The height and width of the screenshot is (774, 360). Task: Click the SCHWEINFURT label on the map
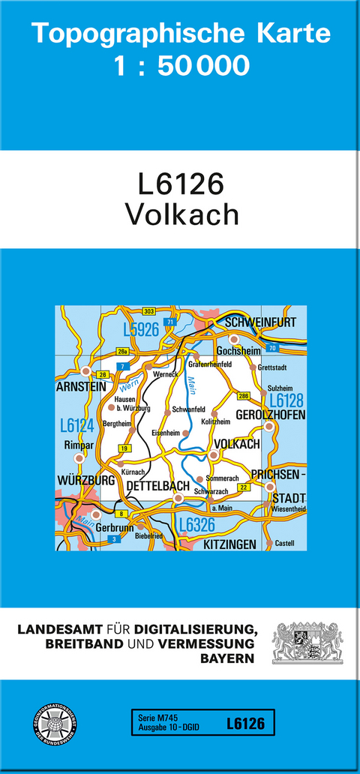[259, 322]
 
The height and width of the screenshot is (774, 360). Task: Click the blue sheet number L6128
[286, 400]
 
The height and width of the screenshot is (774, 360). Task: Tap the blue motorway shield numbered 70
[271, 349]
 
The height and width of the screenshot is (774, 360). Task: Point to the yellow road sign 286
[243, 395]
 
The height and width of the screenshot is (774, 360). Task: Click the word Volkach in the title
[181, 214]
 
